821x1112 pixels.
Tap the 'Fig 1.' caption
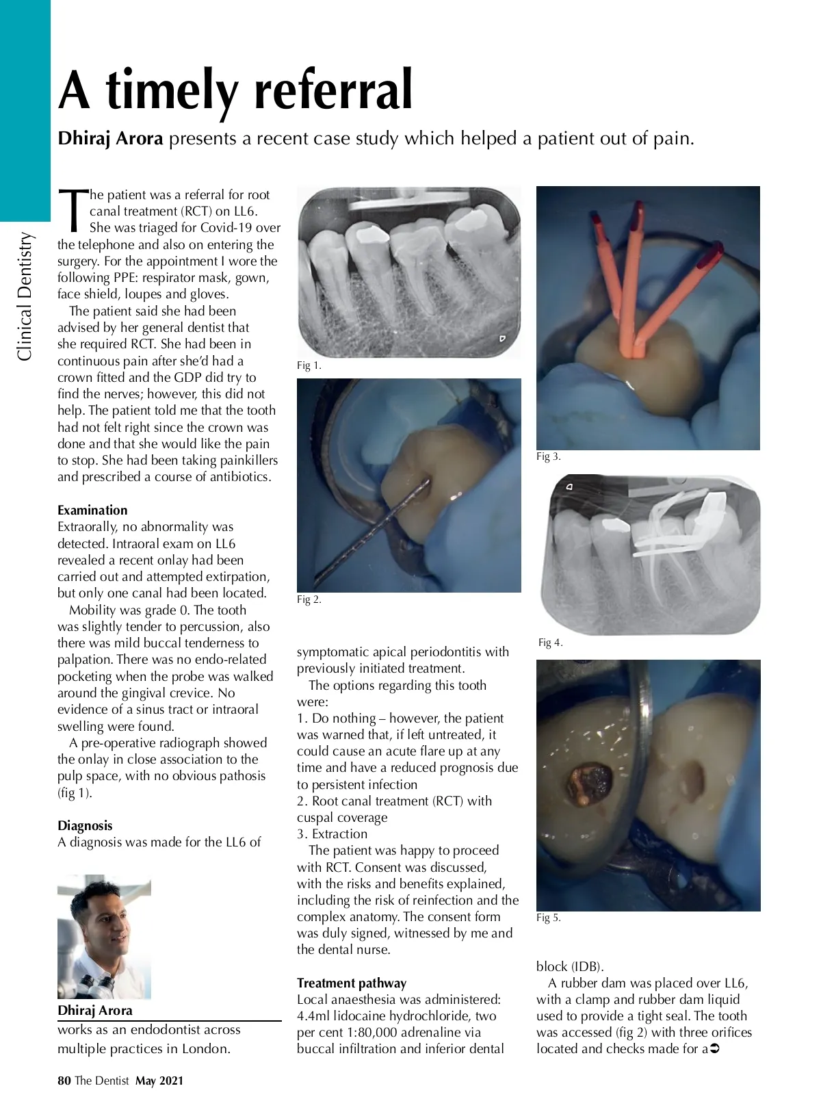coord(309,365)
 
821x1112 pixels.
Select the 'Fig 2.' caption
coord(309,599)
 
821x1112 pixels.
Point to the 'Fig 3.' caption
coord(548,456)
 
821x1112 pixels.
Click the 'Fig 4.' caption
coord(550,643)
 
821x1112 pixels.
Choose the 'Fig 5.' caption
coord(548,918)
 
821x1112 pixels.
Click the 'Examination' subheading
coord(92,510)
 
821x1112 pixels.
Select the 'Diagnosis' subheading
coord(85,825)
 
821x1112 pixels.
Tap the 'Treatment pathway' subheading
coord(352,983)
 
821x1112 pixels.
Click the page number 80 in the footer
coord(64,1081)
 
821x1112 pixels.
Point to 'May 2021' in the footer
coord(159,1081)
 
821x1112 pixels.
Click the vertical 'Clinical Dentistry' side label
coord(25,296)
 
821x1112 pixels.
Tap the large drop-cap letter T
coord(73,209)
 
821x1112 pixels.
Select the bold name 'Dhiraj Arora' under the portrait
coord(95,1010)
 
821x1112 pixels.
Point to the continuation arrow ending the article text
coord(716,1048)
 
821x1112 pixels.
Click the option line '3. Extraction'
coord(332,833)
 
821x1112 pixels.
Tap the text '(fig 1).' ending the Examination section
coord(75,792)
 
